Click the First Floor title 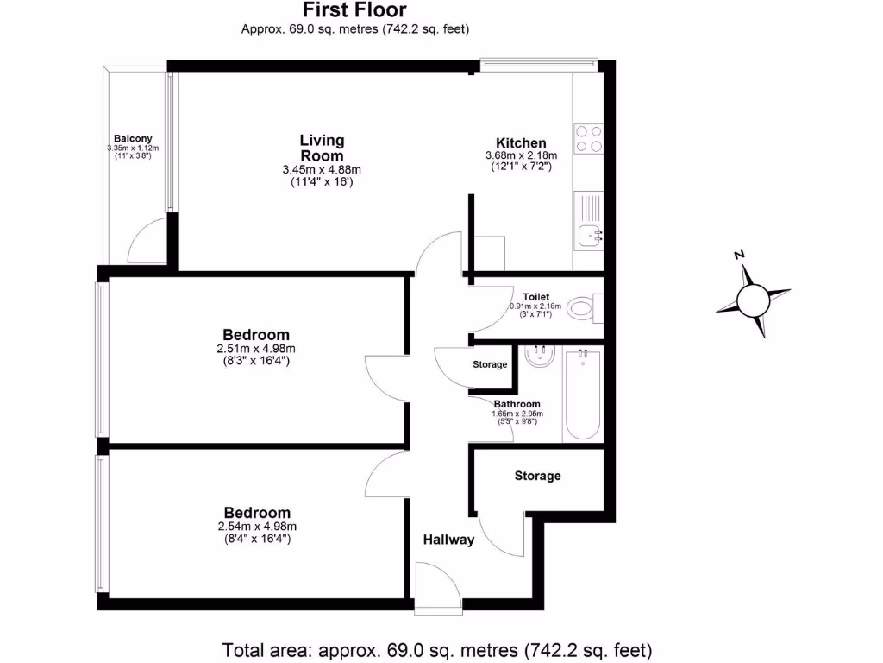coord(354,10)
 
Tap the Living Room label coord(322,148)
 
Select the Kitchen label coord(521,143)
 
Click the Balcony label coord(133,138)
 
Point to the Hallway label coord(448,540)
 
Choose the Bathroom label coord(517,404)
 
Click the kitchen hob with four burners coord(589,139)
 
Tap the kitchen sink coord(590,233)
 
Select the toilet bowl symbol coord(586,306)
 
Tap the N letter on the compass coord(739,256)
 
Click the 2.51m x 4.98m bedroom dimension coord(256,349)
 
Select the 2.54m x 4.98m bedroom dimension coord(257,527)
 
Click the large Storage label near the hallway coord(537,476)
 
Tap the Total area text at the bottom coord(437,648)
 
